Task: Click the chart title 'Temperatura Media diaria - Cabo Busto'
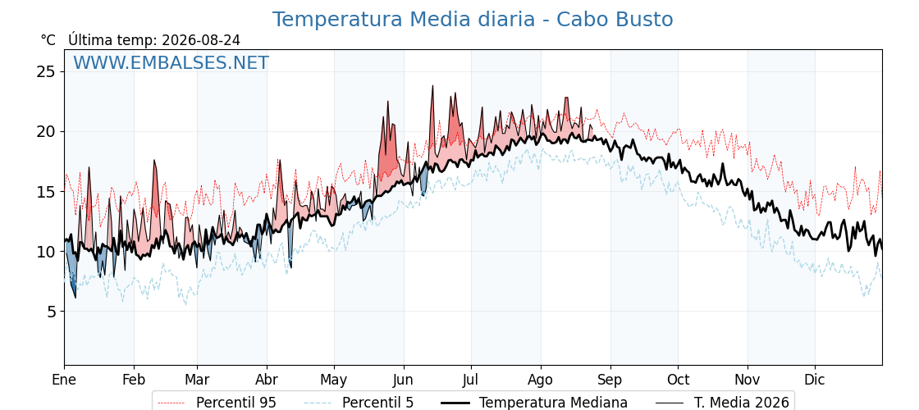[473, 20]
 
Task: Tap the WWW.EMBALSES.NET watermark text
[171, 62]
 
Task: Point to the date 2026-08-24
[201, 40]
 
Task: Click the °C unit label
[48, 40]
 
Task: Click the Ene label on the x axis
[64, 380]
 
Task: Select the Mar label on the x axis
[197, 380]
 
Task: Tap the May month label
[334, 380]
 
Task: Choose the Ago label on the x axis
[541, 380]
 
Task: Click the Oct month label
[678, 380]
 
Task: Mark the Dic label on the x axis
[815, 380]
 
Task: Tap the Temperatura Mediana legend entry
[533, 403]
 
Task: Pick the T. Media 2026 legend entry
[722, 403]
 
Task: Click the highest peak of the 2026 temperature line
[432, 85]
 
